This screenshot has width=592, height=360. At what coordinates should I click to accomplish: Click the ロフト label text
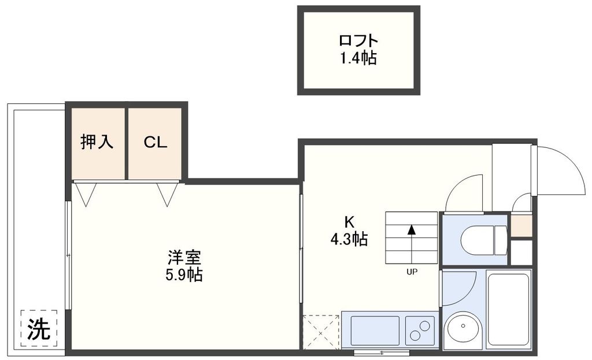coord(358,41)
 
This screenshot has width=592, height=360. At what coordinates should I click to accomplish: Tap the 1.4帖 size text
coord(358,58)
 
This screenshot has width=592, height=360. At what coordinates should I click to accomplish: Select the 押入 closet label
coord(95,142)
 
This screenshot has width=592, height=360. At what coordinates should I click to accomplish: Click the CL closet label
coord(156,142)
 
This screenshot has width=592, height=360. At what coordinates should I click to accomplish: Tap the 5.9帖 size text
coord(184,274)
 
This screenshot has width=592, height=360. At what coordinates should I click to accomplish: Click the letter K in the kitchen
coord(349,221)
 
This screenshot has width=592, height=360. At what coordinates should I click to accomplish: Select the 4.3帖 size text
coord(349,239)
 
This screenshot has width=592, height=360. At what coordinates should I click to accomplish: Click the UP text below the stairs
coord(412,271)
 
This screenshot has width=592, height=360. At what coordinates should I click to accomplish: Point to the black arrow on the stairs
coord(412,229)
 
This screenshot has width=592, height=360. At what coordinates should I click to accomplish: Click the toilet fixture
coord(480,239)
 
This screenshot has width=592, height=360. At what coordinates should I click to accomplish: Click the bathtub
coord(509,309)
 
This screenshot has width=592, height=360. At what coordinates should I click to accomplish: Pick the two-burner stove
coord(421,330)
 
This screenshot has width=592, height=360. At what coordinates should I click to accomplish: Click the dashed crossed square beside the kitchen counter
coord(321,332)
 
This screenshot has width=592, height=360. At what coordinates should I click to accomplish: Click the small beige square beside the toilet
coord(521,226)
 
